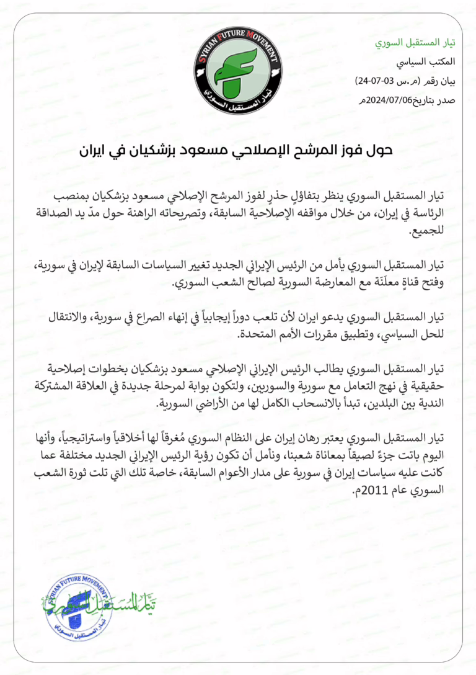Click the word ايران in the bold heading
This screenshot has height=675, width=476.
click(x=99, y=151)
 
